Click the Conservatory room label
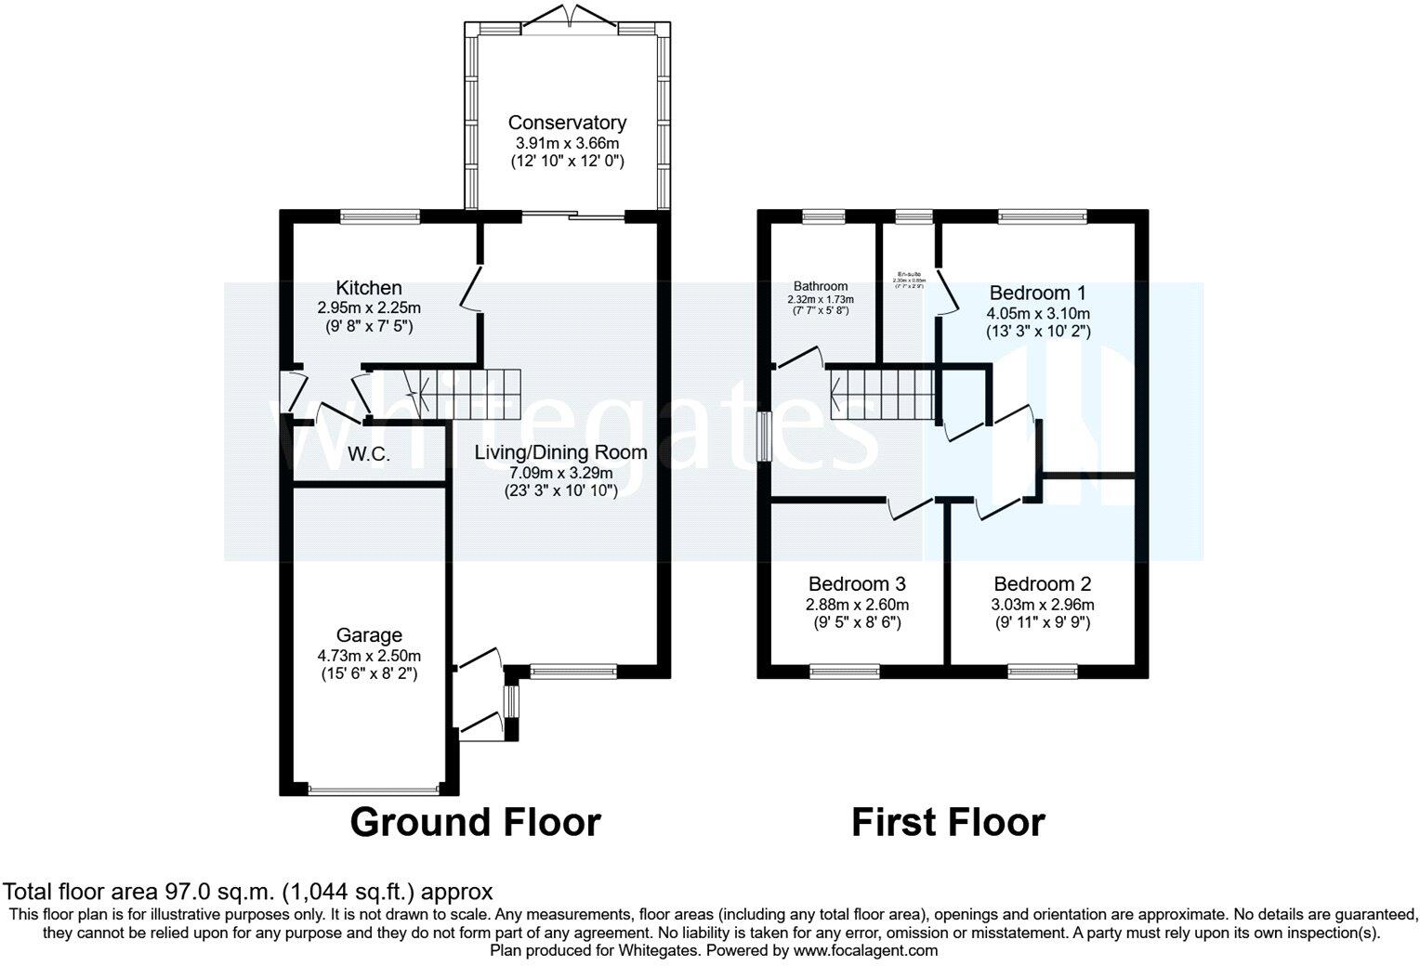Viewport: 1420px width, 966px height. click(x=567, y=123)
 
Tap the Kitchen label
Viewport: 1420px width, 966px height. click(x=369, y=288)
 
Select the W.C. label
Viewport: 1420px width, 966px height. click(x=369, y=454)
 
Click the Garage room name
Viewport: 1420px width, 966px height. click(x=369, y=635)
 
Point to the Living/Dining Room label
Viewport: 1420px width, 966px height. click(x=560, y=452)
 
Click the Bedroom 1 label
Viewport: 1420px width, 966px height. click(x=1037, y=292)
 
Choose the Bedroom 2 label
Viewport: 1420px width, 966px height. click(x=1042, y=584)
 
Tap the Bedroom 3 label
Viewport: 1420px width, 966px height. click(x=857, y=584)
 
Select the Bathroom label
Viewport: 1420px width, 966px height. click(x=820, y=286)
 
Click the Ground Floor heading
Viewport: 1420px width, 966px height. click(x=475, y=822)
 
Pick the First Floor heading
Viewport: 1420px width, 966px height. click(x=948, y=822)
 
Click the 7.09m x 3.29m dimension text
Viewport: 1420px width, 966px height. click(x=560, y=473)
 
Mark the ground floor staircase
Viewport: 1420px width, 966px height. click(x=465, y=394)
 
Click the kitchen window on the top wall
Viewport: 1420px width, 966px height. click(x=379, y=217)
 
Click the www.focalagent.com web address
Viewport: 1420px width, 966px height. click(x=865, y=951)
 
